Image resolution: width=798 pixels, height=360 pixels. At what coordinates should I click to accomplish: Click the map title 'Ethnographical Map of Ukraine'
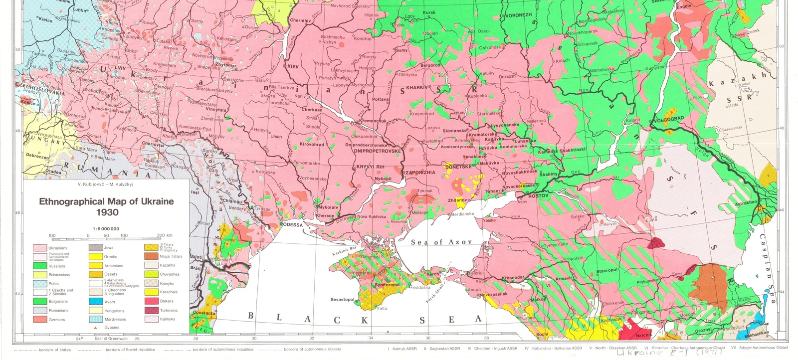[107, 202]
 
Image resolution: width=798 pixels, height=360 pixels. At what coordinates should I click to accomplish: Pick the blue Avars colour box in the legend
[96, 302]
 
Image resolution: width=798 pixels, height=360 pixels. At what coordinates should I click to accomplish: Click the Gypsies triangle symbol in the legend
[96, 328]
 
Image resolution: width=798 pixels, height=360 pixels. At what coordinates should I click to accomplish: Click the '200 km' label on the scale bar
[165, 235]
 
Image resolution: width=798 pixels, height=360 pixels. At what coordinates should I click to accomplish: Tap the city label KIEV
[292, 66]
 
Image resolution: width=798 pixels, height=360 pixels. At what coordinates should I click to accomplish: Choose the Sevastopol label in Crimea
[342, 300]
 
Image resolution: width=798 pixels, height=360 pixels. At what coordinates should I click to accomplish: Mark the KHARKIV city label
[417, 87]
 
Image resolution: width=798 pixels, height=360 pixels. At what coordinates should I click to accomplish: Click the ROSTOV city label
[538, 196]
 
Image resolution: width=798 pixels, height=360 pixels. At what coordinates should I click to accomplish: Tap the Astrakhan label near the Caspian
[745, 202]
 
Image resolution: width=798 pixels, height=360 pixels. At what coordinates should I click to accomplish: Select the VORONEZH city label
[519, 15]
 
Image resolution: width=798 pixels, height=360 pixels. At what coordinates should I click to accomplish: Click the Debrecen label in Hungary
[38, 157]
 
